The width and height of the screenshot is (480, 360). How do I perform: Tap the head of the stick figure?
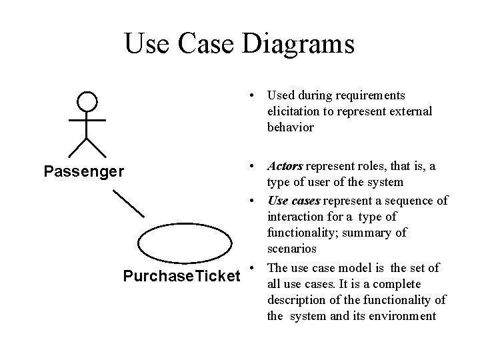pos(87,102)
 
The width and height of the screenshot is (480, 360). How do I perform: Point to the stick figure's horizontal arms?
pos(87,120)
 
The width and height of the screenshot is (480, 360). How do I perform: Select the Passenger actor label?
pos(83,172)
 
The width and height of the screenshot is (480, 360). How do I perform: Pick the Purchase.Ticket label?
pos(181,275)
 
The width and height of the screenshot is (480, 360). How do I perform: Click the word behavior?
pos(291,127)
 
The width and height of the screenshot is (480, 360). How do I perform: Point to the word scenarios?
pos(292,249)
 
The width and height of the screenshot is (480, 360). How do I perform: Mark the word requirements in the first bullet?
pos(373,95)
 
